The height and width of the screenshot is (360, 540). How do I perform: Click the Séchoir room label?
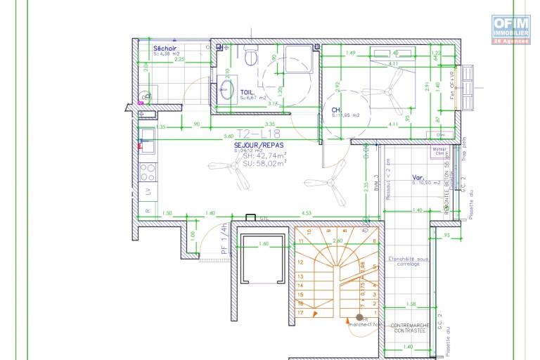click(x=165, y=48)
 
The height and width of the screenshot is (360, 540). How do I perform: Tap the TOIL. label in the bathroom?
click(x=247, y=92)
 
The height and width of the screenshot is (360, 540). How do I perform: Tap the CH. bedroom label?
click(x=336, y=110)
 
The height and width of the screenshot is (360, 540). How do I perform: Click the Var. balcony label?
click(x=418, y=178)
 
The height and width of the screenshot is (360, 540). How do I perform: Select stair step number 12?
click(x=301, y=261)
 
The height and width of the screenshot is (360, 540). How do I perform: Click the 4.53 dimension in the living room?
click(x=307, y=212)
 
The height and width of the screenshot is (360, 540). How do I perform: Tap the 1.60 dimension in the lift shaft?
click(x=263, y=243)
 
